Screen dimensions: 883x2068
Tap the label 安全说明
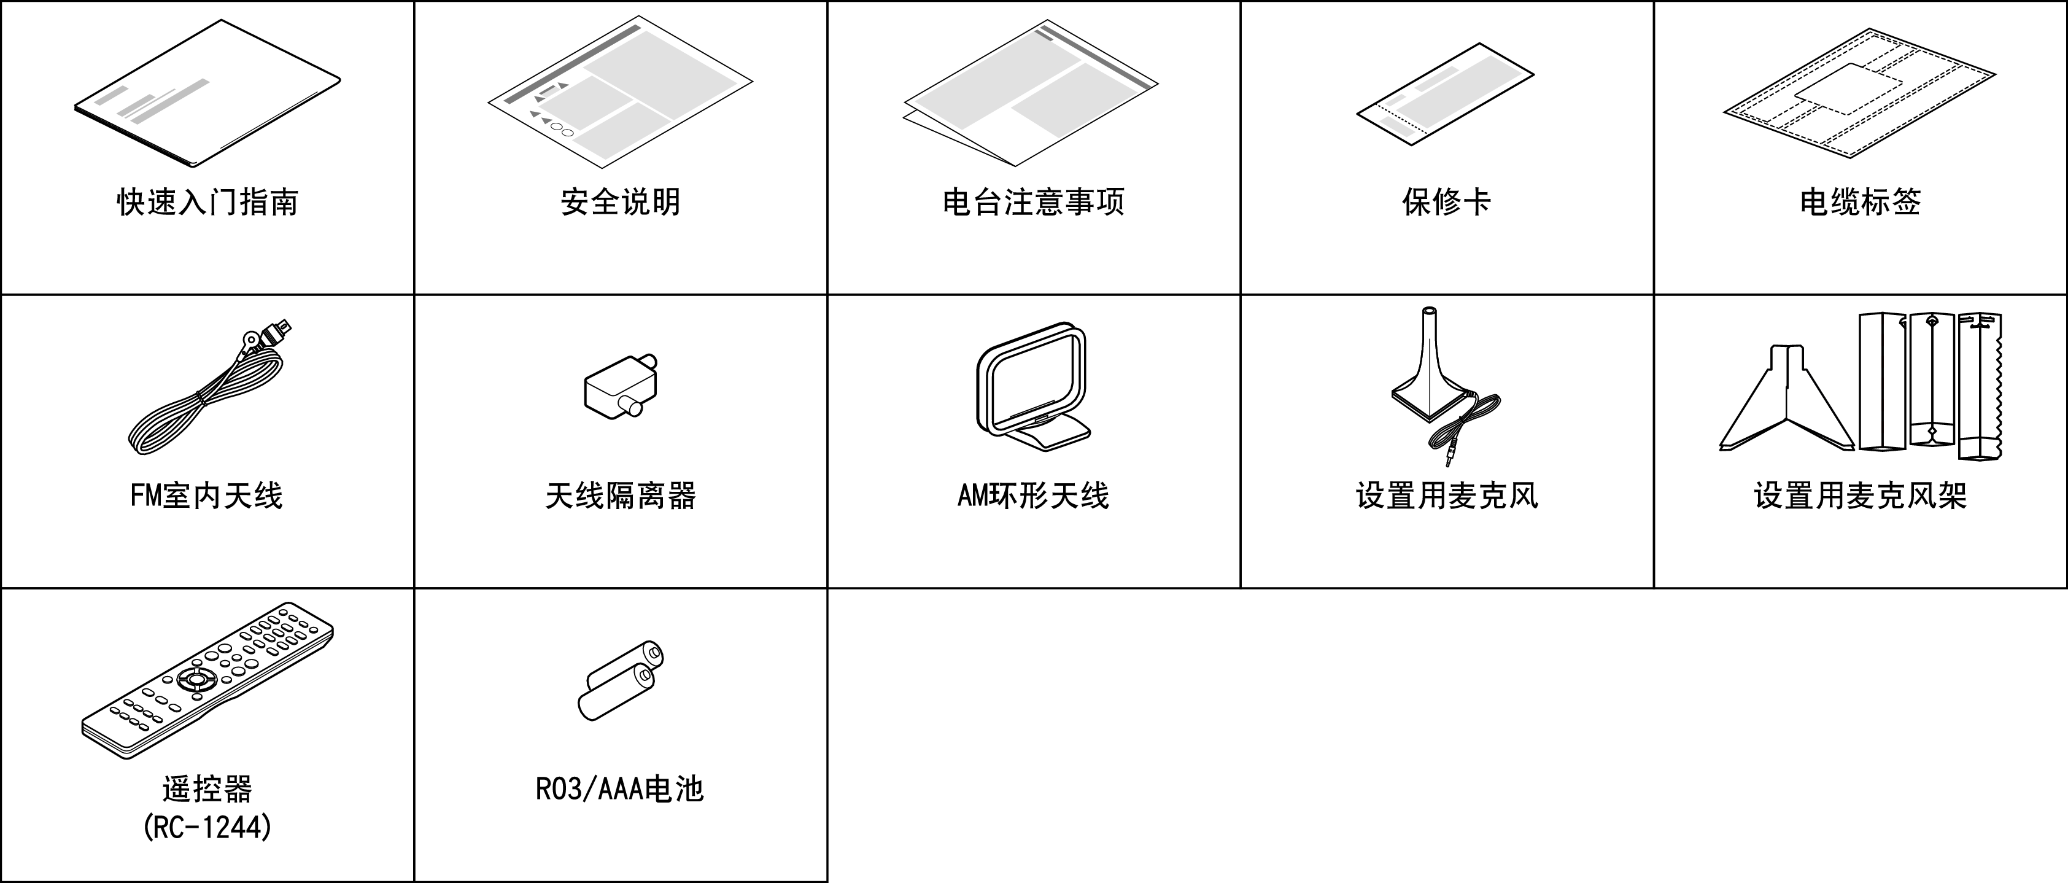pyautogui.click(x=620, y=202)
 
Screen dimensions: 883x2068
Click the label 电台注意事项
pyautogui.click(x=1033, y=202)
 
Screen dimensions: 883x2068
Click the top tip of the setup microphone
pyautogui.click(x=1428, y=311)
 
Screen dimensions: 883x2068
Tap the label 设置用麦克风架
pyautogui.click(x=1860, y=496)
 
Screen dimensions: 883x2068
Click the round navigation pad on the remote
pyautogui.click(x=196, y=679)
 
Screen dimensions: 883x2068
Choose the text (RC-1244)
pyautogui.click(x=207, y=827)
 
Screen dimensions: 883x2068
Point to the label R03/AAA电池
pyautogui.click(x=620, y=789)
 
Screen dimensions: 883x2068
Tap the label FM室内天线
pyautogui.click(x=206, y=496)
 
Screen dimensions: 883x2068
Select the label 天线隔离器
pyautogui.click(x=620, y=496)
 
